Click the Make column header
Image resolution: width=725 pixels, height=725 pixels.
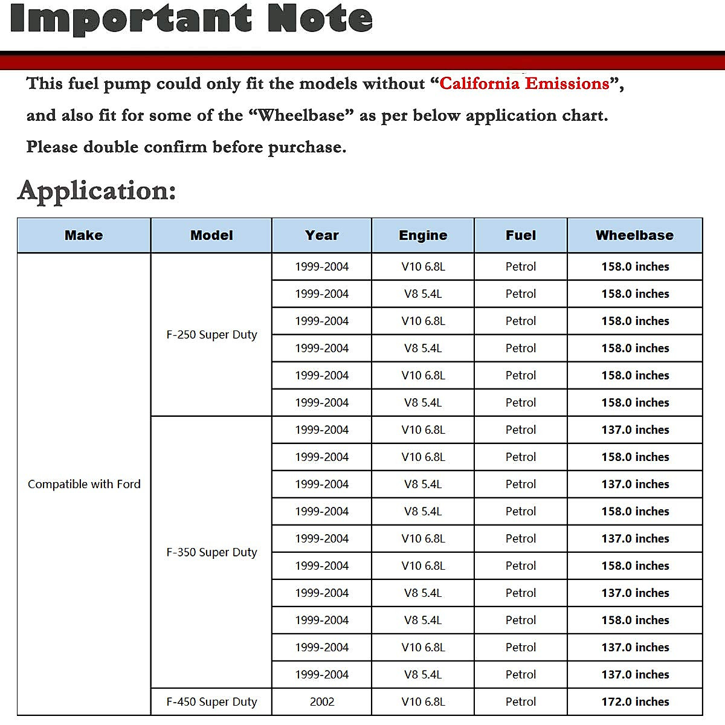point(84,236)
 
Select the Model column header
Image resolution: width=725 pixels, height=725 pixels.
point(211,236)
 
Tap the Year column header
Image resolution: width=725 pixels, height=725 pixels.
point(322,236)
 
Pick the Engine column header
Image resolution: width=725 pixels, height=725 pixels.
point(423,236)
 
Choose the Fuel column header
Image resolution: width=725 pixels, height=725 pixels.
point(521,236)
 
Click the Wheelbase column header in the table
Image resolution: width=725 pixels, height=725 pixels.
point(634,236)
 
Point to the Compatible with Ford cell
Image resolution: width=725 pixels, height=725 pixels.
point(84,484)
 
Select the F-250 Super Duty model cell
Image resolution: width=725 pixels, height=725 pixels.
point(211,335)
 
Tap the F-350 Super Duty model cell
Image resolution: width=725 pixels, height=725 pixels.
point(211,552)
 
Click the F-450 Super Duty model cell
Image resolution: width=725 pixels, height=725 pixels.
point(211,702)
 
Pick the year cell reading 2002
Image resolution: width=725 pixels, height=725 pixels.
point(322,702)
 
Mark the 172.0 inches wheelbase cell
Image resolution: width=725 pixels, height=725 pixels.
point(635,702)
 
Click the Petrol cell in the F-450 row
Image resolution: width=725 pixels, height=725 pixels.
point(521,702)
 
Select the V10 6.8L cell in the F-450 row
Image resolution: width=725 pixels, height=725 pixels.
point(423,702)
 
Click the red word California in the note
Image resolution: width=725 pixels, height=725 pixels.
point(479,83)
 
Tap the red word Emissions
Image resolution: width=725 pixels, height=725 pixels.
point(567,83)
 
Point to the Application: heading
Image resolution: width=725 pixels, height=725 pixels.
point(97,191)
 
